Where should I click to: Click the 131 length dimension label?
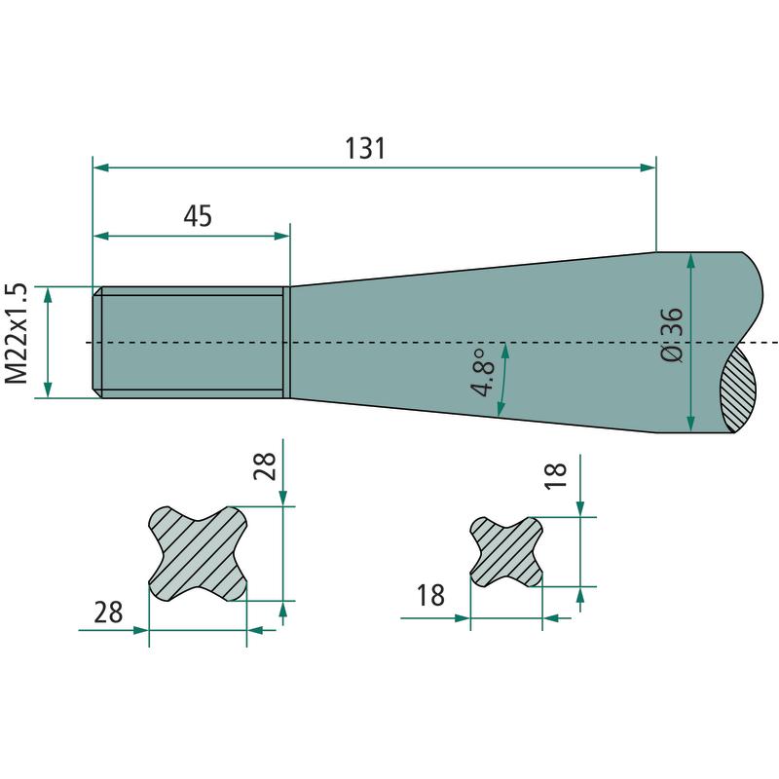click(365, 149)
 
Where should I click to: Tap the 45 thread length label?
click(198, 216)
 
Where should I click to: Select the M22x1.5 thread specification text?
click(16, 333)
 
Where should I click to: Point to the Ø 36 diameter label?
click(672, 334)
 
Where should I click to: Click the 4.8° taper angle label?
click(484, 373)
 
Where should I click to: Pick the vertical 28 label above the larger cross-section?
click(265, 466)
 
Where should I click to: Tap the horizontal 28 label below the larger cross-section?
click(108, 612)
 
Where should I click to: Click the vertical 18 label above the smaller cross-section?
click(556, 475)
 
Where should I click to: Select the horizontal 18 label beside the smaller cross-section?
click(430, 595)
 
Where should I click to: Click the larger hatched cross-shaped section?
click(198, 553)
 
